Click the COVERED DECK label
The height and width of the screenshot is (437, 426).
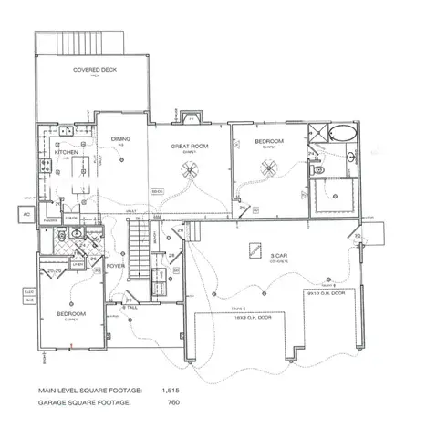click(99, 69)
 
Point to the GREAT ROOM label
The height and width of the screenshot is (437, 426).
click(192, 146)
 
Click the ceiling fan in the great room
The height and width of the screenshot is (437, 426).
click(192, 168)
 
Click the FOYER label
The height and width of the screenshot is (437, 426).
click(116, 267)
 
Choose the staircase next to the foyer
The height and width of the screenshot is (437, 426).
click(137, 250)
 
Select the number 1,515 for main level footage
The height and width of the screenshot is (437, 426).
click(170, 390)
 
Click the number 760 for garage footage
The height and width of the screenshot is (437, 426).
click(171, 401)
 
